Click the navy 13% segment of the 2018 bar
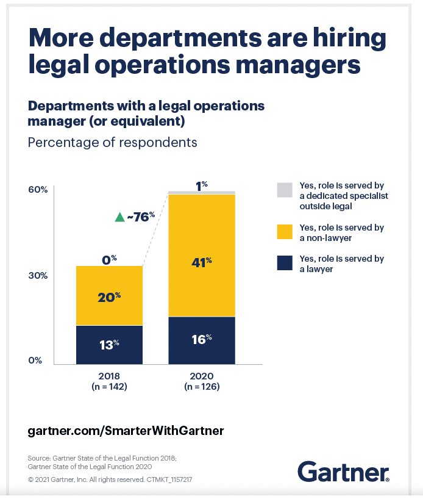click(x=109, y=345)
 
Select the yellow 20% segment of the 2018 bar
click(x=109, y=296)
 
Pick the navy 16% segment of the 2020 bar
click(x=201, y=340)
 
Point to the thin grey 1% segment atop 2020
click(x=201, y=193)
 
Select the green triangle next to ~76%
click(x=119, y=217)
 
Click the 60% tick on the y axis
click(x=38, y=190)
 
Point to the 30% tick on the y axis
click(x=38, y=275)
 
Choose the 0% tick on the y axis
click(x=38, y=360)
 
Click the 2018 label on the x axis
click(x=109, y=376)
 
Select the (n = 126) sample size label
click(x=201, y=387)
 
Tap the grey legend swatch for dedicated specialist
click(x=285, y=190)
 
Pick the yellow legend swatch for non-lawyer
click(x=285, y=232)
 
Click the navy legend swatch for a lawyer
click(x=285, y=263)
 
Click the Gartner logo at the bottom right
click(x=343, y=471)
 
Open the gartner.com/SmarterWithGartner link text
click(x=126, y=431)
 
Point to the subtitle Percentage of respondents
click(x=113, y=142)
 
